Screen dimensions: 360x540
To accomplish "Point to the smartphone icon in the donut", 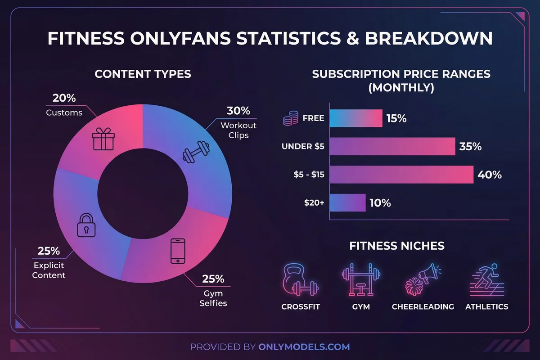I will (178, 251).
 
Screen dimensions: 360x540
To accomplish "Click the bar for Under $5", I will (392, 147).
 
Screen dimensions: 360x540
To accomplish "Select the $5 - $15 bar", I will (401, 175).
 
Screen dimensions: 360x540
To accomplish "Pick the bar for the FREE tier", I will (355, 119).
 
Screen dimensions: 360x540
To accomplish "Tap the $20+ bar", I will (347, 202).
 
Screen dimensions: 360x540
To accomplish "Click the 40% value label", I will (490, 175).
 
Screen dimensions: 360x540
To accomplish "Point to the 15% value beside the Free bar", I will (396, 119).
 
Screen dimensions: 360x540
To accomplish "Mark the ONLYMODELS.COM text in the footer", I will (304, 347).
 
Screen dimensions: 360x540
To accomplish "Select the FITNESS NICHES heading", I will (397, 246).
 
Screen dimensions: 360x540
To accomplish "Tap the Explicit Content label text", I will (49, 270).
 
